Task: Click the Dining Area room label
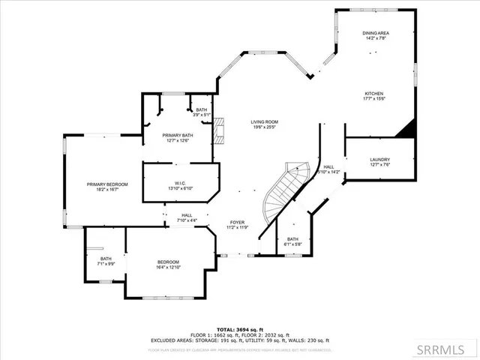pos(376,33)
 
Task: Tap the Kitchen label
pos(375,94)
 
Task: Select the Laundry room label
pos(379,160)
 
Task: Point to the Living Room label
pos(264,121)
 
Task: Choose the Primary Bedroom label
pos(106,184)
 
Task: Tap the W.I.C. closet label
pos(180,183)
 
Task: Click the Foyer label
pos(237,223)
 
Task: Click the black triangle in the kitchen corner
pos(406,130)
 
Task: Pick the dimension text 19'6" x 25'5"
pos(264,127)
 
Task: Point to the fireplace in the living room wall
pos(218,130)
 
